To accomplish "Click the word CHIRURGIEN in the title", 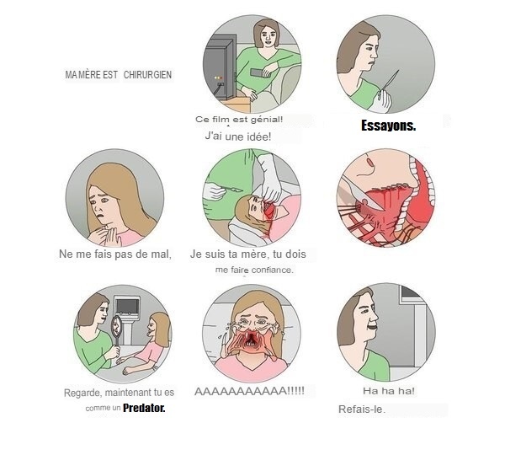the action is pos(147,75).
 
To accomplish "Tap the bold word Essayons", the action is pos(388,126).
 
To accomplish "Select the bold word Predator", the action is pos(144,408).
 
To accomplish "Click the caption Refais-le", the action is pos(362,409).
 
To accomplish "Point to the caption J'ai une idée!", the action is pos(238,136).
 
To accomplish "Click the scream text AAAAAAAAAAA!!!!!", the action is pos(250,391).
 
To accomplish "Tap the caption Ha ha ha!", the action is pos(389,391).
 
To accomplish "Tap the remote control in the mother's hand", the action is pos(260,72).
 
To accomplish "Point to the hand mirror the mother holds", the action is pos(116,330).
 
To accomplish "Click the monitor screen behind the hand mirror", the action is pos(128,305).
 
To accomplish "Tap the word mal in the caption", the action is pos(161,254).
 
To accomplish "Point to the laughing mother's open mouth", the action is pos(372,327).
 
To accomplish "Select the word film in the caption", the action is pos(221,120).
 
